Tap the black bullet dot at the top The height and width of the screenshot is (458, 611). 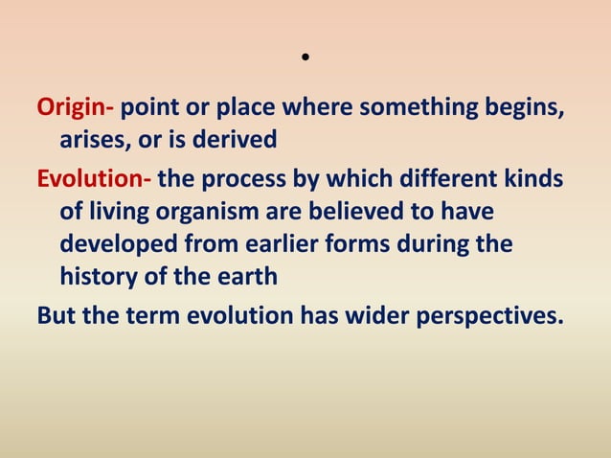click(305, 57)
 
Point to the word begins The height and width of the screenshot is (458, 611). click(529, 107)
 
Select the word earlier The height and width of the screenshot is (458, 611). click(283, 244)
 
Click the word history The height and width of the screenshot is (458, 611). click(99, 278)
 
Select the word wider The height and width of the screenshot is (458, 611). click(367, 315)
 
